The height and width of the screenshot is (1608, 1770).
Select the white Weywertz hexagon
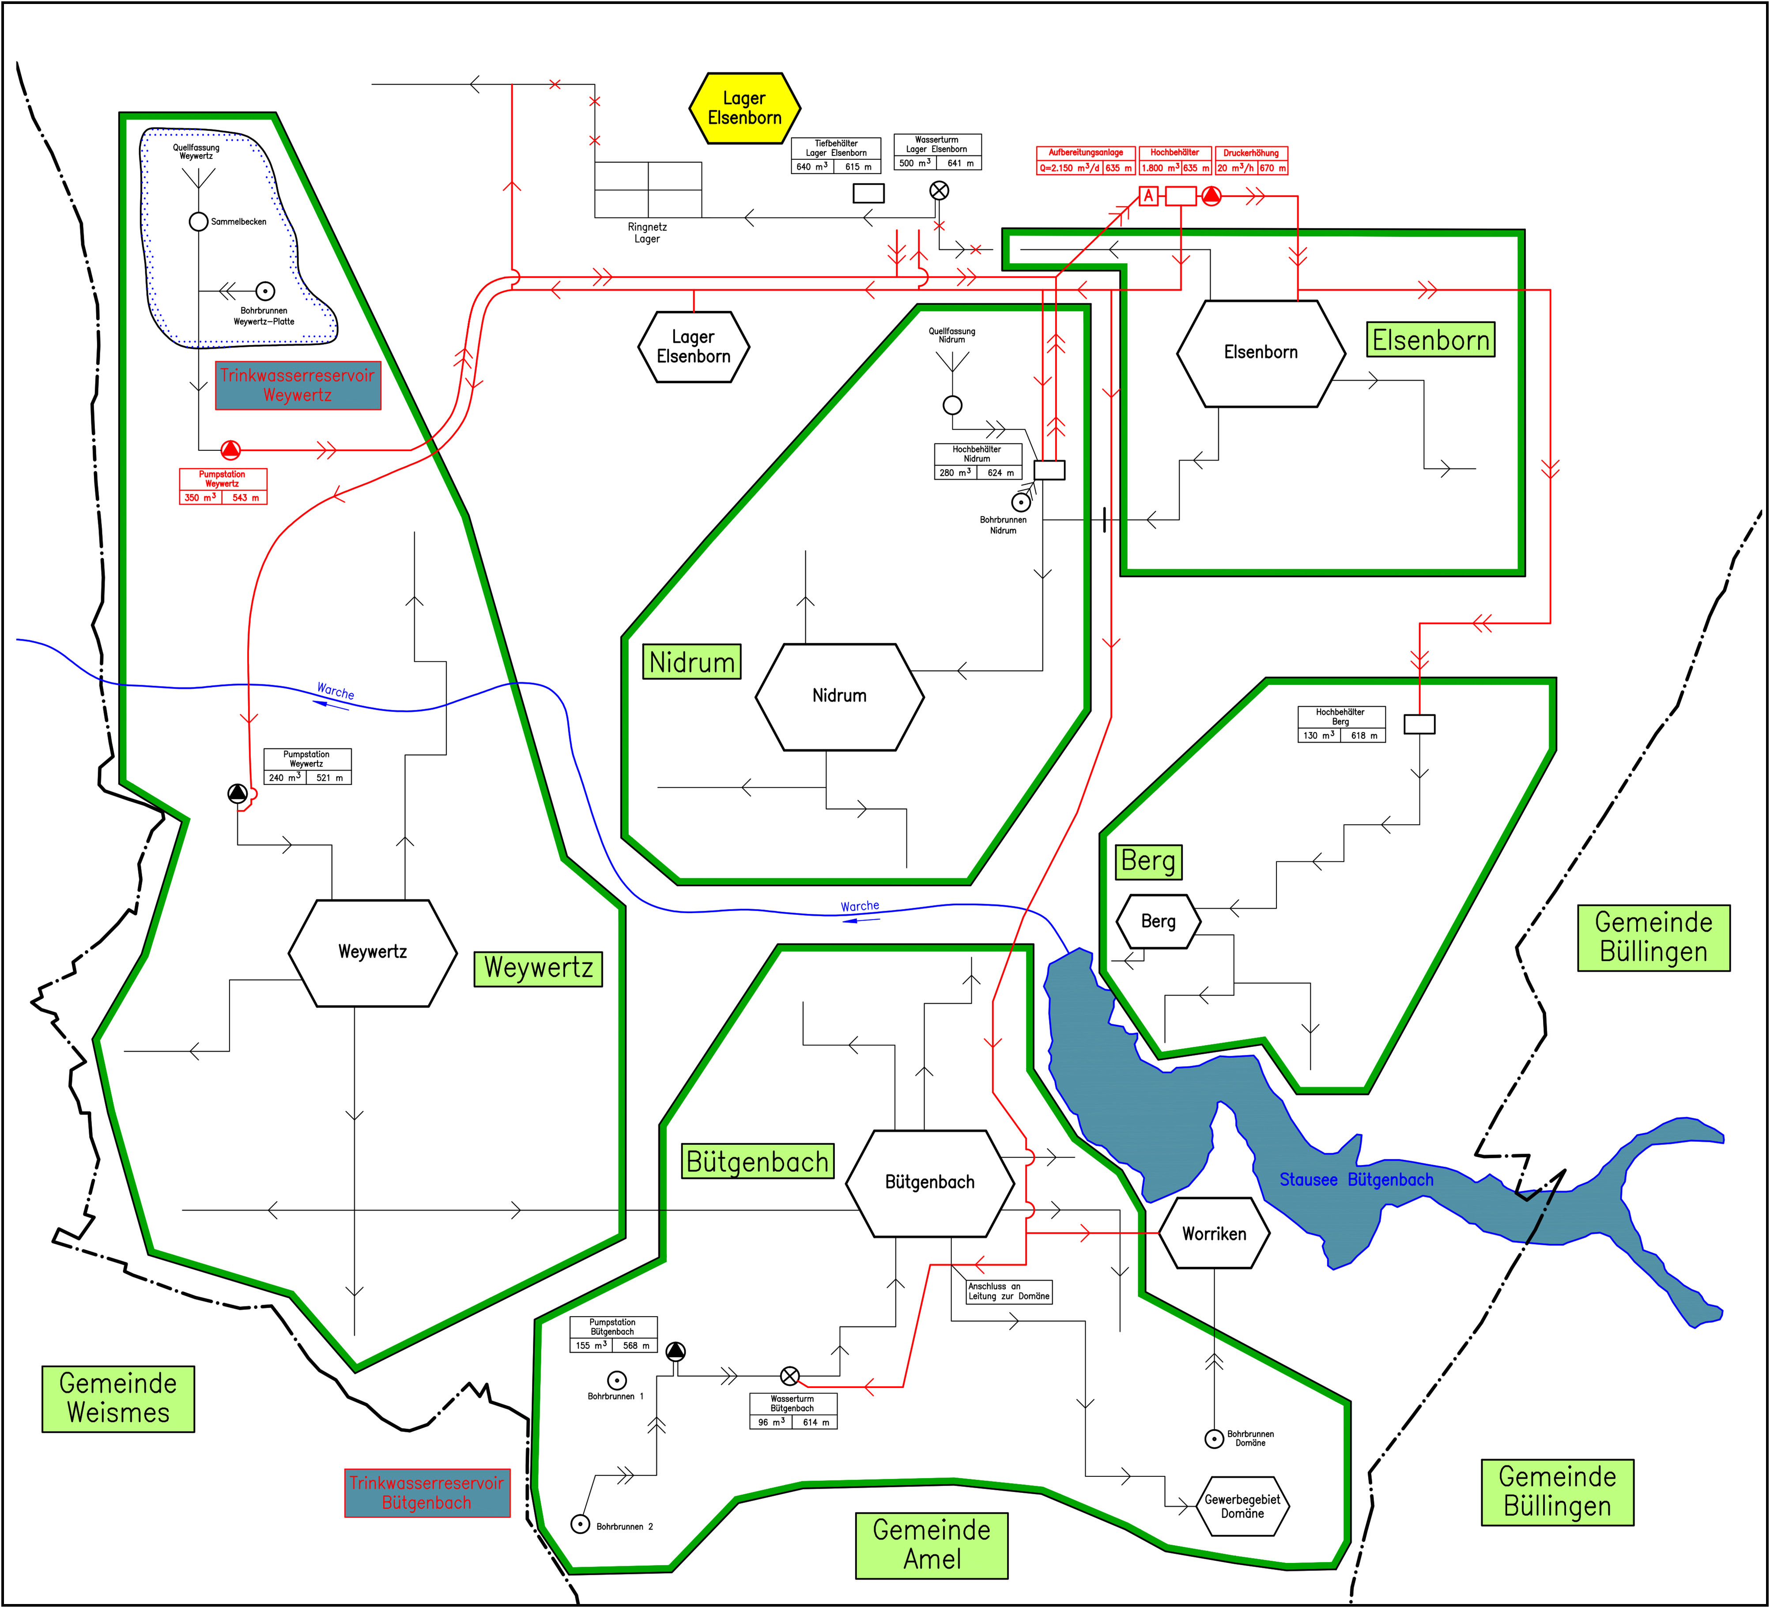[x=372, y=952]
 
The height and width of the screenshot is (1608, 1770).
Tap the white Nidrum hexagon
[x=839, y=696]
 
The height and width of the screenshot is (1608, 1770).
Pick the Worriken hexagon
[x=1214, y=1234]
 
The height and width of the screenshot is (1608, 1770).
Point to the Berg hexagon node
[x=1158, y=921]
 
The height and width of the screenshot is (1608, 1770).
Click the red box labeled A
[x=1148, y=196]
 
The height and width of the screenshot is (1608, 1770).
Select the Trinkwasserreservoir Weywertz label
[x=298, y=385]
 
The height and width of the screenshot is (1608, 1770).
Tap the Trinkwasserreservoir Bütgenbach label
[x=426, y=1493]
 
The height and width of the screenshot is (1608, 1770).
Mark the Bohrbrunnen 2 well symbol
[x=580, y=1524]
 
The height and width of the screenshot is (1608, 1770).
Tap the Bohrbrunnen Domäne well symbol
[x=1214, y=1438]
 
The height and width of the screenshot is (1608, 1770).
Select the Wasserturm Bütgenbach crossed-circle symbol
[x=790, y=1376]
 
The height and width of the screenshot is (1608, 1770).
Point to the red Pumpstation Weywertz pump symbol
[x=230, y=449]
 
